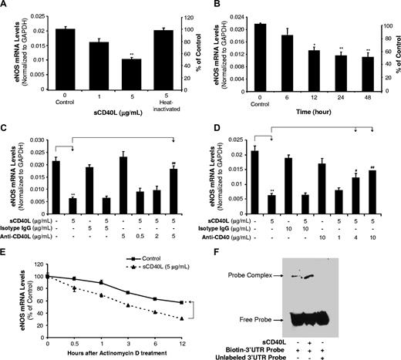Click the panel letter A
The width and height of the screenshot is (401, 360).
point(6,6)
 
